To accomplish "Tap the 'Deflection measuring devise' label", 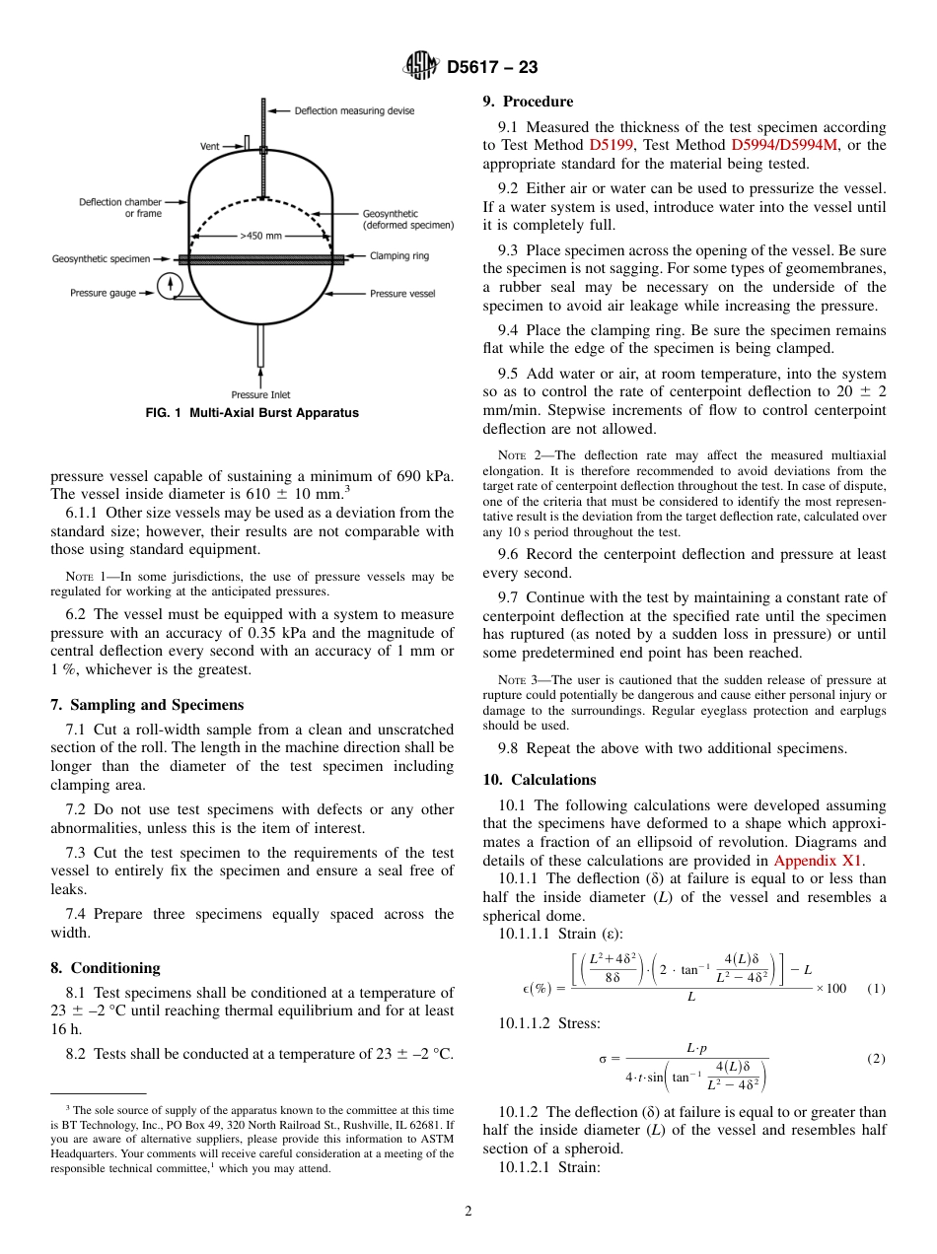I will click(354, 110).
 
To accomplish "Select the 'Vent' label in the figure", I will click(210, 146).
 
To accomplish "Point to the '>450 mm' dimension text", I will click(260, 236).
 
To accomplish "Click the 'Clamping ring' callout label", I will click(399, 256).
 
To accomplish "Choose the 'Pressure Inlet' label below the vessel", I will click(260, 394).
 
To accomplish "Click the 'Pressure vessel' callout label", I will click(401, 293).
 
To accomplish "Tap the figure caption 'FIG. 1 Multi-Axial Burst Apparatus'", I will click(252, 413).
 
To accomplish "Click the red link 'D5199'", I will click(612, 145).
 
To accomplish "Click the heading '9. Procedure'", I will click(528, 102).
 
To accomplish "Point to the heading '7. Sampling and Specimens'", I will click(147, 705).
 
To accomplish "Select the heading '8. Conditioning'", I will click(106, 968).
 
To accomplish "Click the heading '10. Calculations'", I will click(540, 780).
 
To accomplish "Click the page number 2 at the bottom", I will click(468, 1211).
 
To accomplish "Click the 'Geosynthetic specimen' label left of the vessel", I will click(101, 259).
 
